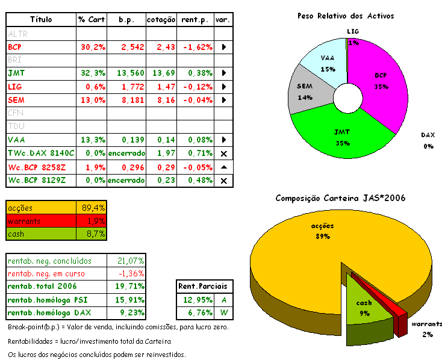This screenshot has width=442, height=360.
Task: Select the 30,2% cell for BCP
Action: point(92,46)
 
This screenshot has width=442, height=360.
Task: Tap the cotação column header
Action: point(161,19)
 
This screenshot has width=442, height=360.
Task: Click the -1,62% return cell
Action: point(196,46)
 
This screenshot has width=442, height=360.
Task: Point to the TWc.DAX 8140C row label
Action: point(41,154)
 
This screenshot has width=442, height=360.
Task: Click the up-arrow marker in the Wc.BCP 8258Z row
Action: point(223,167)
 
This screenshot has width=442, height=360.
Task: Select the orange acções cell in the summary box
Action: point(41,208)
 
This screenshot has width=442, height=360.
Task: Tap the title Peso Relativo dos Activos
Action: point(346,16)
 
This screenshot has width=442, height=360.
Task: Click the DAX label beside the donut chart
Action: point(428,135)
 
